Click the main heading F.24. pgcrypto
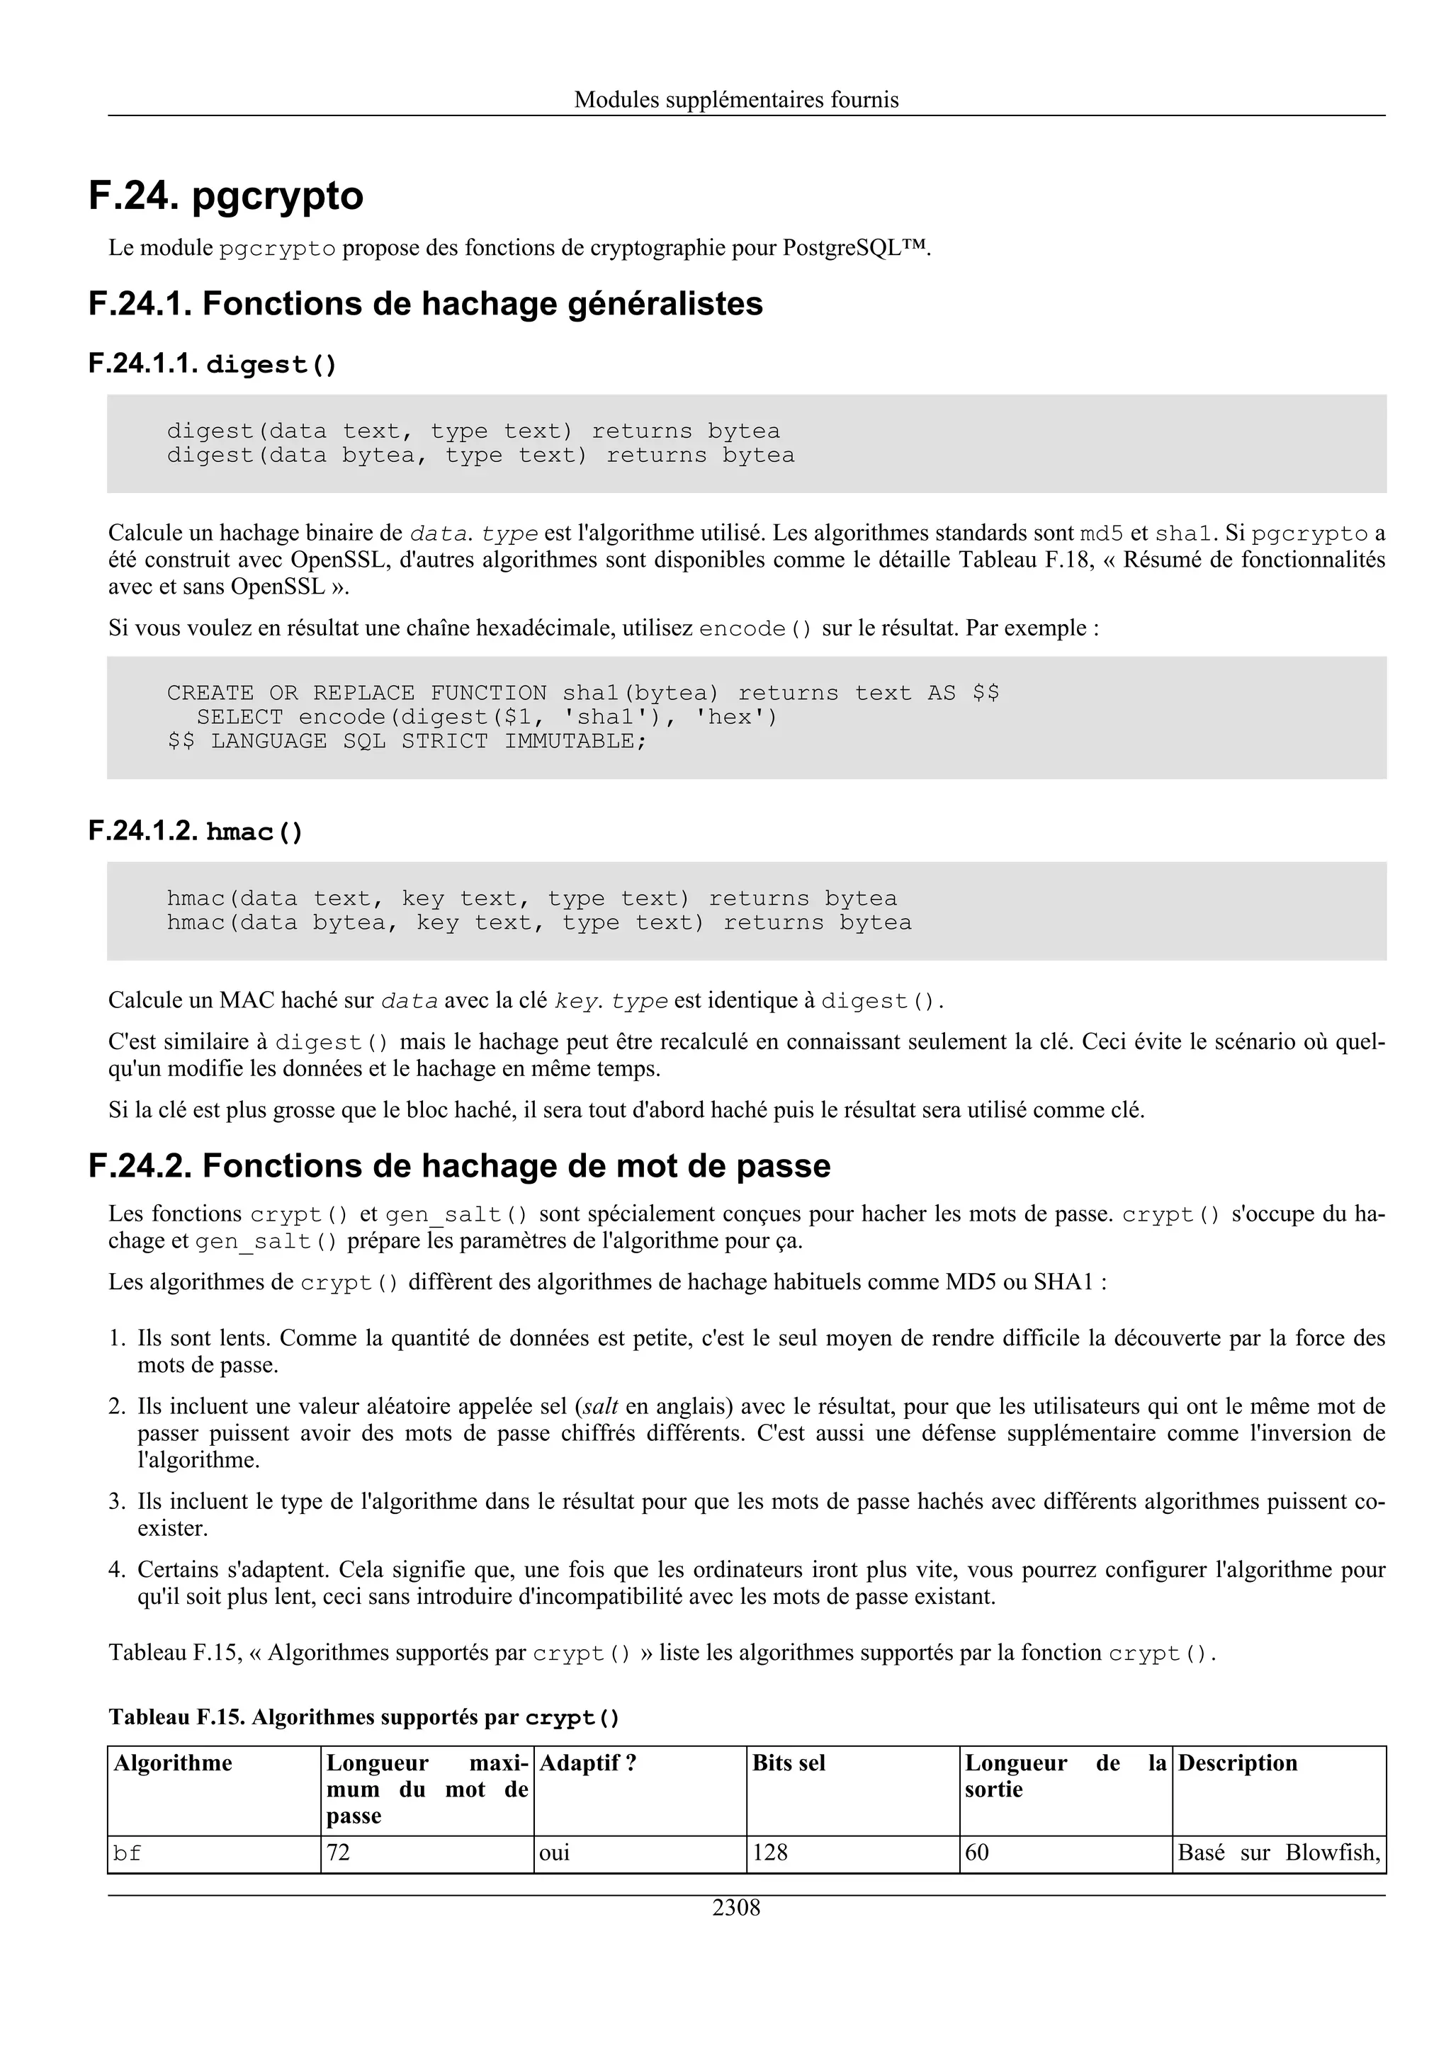pos(226,196)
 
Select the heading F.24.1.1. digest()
pos(213,364)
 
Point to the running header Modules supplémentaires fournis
pos(736,99)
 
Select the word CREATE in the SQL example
pos(210,693)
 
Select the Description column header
pos(1237,1763)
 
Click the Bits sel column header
pos(789,1763)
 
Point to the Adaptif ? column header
pos(587,1763)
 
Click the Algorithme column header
pos(173,1763)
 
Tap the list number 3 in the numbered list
pos(116,1501)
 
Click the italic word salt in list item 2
pos(601,1406)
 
